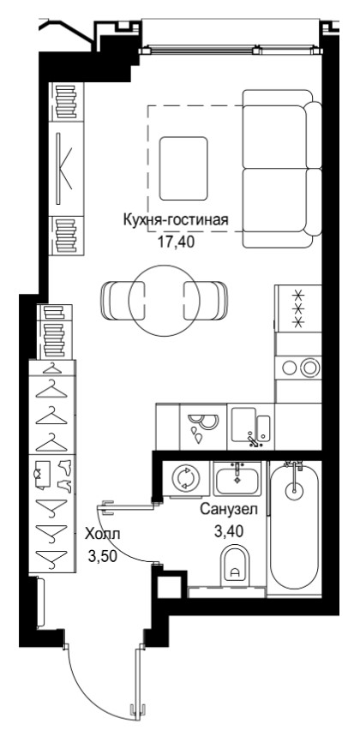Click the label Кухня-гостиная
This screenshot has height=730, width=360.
[x=176, y=219]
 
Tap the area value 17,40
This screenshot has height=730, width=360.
[x=176, y=242]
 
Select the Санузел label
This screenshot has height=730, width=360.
[x=229, y=510]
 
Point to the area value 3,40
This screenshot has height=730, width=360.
[x=228, y=531]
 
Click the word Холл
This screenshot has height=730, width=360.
[x=102, y=535]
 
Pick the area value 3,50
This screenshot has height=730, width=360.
[x=102, y=556]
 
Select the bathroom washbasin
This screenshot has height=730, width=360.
[x=237, y=480]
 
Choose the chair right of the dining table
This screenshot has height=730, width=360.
[x=206, y=301]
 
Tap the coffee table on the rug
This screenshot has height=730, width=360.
[x=183, y=169]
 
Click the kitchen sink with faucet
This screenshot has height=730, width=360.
[x=251, y=427]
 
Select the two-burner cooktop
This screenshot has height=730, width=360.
[x=298, y=368]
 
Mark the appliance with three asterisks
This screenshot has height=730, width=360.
[x=298, y=308]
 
